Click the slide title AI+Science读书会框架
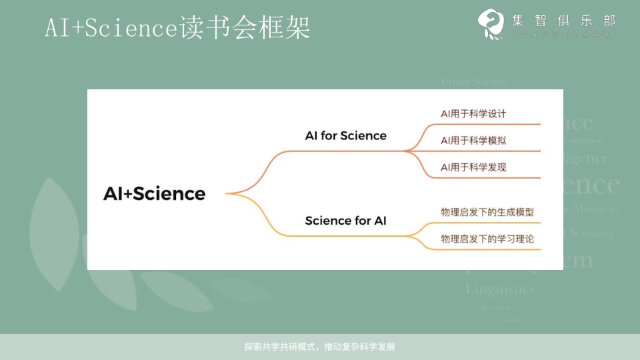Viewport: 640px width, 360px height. [x=177, y=28]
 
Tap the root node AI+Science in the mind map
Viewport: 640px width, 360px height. [x=154, y=193]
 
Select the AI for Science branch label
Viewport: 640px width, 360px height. [x=345, y=135]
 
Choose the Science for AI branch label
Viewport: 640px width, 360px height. [x=345, y=221]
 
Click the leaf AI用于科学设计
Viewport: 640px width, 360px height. [x=473, y=113]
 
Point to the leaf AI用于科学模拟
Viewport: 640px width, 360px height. [x=473, y=141]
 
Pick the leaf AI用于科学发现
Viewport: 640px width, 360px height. [x=473, y=167]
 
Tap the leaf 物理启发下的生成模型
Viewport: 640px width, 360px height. [x=487, y=212]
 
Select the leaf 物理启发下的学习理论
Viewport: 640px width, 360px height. [x=487, y=238]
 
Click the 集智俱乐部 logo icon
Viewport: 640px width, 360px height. [x=491, y=24]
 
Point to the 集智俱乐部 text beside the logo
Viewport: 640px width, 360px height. [x=564, y=20]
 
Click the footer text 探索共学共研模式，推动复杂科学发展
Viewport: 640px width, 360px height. [x=320, y=347]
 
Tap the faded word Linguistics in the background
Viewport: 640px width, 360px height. [x=500, y=289]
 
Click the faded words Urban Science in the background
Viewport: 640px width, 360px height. [x=473, y=81]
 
